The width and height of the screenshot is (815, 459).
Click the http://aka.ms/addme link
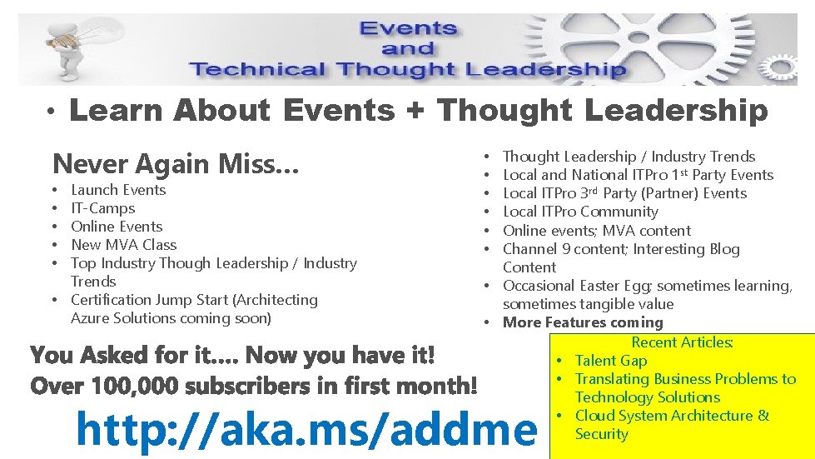[306, 431]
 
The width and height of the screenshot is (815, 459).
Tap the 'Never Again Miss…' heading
[176, 164]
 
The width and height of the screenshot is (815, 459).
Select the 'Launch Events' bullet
[118, 190]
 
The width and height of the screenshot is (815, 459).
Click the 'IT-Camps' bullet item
[102, 208]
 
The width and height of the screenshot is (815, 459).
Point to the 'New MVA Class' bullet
[124, 245]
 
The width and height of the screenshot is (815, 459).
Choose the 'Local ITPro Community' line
[580, 212]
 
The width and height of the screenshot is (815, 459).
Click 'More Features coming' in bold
[583, 322]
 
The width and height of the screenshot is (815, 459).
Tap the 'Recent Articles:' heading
[682, 342]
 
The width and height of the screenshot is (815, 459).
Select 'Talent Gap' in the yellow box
[610, 361]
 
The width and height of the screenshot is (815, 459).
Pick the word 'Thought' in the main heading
[506, 111]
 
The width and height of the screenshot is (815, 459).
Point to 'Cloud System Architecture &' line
[672, 416]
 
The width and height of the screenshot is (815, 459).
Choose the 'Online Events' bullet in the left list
[117, 227]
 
